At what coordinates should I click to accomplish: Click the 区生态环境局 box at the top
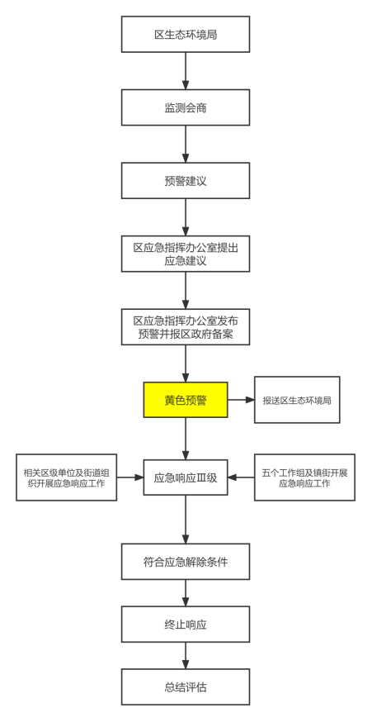pos(186,34)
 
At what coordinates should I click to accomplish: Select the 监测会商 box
pos(186,107)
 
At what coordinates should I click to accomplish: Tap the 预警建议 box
pos(186,180)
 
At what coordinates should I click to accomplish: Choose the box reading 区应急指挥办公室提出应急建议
pos(186,254)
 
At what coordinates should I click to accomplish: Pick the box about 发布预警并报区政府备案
pos(186,327)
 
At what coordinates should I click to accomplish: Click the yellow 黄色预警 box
pos(186,400)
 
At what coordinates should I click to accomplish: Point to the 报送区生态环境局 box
pos(297,400)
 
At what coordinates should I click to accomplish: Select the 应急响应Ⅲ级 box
pos(186,477)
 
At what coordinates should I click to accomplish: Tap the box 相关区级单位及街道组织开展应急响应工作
pos(66,477)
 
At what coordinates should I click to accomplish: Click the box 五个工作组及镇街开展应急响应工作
pos(304,477)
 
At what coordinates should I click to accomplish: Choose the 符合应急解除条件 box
pos(186,561)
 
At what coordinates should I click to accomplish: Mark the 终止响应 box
pos(186,624)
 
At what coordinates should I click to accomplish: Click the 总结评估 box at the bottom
pos(186,686)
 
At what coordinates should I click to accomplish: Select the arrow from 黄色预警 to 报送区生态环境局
pos(241,400)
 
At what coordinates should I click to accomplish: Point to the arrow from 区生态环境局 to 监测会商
pos(186,70)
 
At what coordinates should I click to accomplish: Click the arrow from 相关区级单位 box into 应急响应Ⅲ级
pos(129,477)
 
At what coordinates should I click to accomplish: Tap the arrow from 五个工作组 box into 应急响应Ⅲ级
pos(241,477)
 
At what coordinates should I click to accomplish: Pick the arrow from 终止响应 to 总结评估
pos(186,655)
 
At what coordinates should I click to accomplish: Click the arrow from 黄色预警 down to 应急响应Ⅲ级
pos(186,439)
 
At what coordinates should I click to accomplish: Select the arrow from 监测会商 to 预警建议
pos(186,144)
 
